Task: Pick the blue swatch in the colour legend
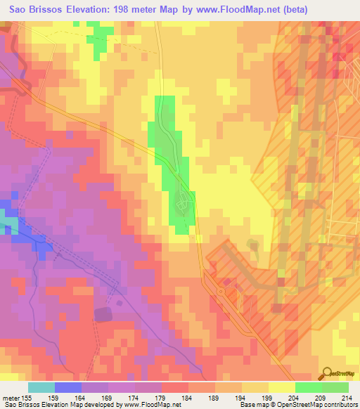pyautogui.click(x=68, y=387)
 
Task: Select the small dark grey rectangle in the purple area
pyautogui.click(x=103, y=313)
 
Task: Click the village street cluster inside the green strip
pyautogui.click(x=181, y=204)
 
